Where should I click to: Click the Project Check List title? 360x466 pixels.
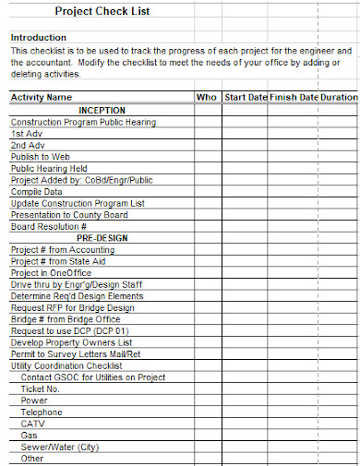click(102, 11)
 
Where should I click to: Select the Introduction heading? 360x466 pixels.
click(38, 37)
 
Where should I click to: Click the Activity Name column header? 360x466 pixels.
click(41, 97)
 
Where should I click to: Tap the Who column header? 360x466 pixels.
click(207, 97)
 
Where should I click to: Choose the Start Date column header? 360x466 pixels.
click(246, 97)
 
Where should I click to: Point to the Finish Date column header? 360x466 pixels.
click(294, 97)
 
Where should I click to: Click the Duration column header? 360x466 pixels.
click(339, 97)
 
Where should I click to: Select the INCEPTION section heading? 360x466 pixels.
click(102, 110)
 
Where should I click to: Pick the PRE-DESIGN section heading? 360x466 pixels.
click(102, 238)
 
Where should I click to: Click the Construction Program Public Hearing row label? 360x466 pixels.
click(83, 122)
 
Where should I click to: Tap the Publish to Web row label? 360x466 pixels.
click(41, 157)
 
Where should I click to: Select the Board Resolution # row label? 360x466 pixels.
click(48, 226)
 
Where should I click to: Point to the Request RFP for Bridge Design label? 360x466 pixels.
click(72, 307)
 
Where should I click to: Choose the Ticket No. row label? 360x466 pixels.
click(40, 389)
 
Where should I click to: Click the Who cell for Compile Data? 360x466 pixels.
click(207, 192)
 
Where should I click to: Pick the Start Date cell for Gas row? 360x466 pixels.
click(246, 436)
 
